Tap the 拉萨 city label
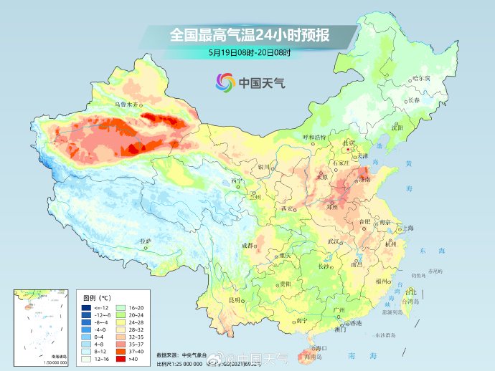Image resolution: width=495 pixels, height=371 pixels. pyautogui.click(x=146, y=241)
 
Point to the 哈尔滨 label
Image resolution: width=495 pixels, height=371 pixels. pyautogui.click(x=420, y=78)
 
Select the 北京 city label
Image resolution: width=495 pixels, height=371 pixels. pyautogui.click(x=349, y=143)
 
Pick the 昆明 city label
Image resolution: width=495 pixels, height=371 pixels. pyautogui.click(x=234, y=299)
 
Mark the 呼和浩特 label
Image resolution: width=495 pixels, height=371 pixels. pyautogui.click(x=313, y=136)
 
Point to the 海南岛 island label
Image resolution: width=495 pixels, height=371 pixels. pyautogui.click(x=313, y=356)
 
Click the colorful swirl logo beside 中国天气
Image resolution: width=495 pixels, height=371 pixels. pyautogui.click(x=225, y=82)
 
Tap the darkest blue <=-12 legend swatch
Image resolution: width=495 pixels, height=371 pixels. pyautogui.click(x=86, y=307)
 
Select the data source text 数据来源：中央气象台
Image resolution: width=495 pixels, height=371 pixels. pyautogui.click(x=184, y=355)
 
